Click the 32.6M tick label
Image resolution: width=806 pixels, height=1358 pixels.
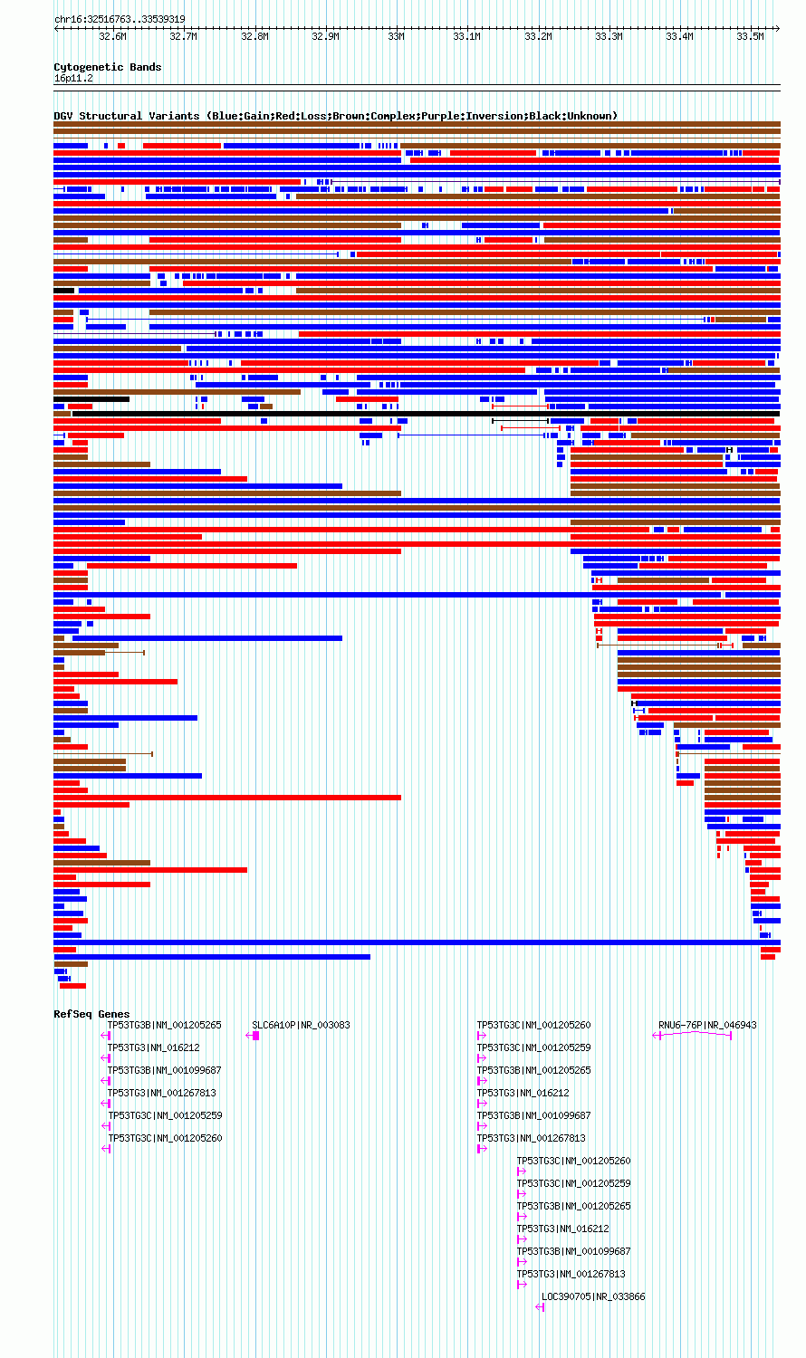pyautogui.click(x=113, y=36)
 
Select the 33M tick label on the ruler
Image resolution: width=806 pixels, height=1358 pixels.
pyautogui.click(x=396, y=36)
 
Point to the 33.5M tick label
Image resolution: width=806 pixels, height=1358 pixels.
pyautogui.click(x=750, y=36)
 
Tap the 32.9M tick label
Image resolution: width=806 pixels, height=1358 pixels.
pyautogui.click(x=325, y=36)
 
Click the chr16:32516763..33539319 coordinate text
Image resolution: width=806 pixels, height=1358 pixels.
pyautogui.click(x=120, y=19)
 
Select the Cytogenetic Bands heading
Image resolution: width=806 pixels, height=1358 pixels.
pyautogui.click(x=108, y=67)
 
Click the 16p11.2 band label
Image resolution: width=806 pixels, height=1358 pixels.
pyautogui.click(x=73, y=78)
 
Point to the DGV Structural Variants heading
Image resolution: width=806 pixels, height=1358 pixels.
pyautogui.click(x=126, y=116)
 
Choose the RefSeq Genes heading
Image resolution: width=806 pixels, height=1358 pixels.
pyautogui.click(x=91, y=1014)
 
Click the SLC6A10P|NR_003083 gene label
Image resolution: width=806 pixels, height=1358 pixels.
pyautogui.click(x=301, y=1025)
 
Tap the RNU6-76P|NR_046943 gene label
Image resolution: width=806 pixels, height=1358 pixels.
pyautogui.click(x=707, y=1025)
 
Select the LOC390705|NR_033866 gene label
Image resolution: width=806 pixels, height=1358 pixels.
pyautogui.click(x=593, y=1296)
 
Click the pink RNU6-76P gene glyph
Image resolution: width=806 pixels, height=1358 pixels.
pyautogui.click(x=693, y=1034)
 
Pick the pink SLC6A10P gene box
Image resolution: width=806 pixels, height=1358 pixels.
pyautogui.click(x=256, y=1036)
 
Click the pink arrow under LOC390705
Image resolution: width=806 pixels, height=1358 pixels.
pyautogui.click(x=540, y=1307)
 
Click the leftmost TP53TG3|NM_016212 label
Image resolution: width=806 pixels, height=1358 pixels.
pyautogui.click(x=153, y=1047)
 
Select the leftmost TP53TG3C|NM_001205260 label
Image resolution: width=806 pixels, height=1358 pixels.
pyautogui.click(x=165, y=1138)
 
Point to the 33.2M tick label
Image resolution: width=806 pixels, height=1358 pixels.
pyautogui.click(x=538, y=36)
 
